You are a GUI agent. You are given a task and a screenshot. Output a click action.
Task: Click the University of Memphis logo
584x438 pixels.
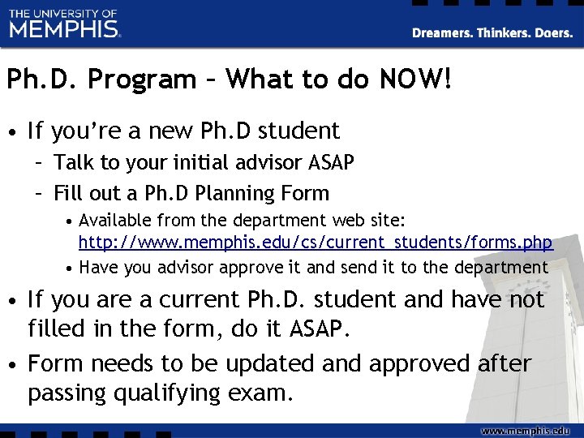point(65,24)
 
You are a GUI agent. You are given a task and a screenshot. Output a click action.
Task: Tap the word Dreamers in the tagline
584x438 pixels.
point(442,33)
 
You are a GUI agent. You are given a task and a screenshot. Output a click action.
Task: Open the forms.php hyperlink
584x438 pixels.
point(316,243)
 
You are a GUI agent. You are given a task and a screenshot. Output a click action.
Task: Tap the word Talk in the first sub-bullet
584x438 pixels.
point(73,163)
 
